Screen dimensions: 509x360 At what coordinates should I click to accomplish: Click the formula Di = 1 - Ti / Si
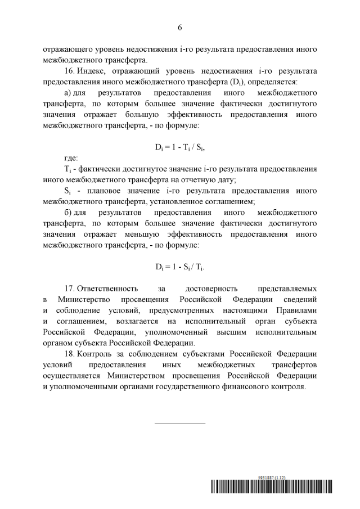(x=179, y=147)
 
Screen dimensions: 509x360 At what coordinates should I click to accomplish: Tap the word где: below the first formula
(x=71, y=158)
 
